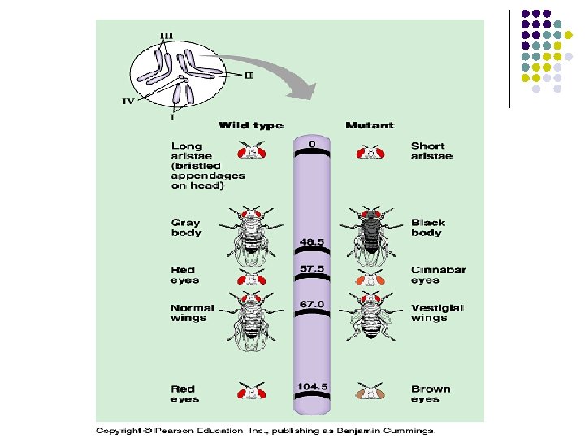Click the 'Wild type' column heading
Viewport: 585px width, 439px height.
[x=251, y=125]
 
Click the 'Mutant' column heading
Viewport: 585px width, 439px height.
[x=370, y=125]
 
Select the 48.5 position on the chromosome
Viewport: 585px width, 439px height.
[x=312, y=241]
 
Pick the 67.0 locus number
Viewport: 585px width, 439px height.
[x=312, y=303]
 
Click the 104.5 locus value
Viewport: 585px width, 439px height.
[x=312, y=386]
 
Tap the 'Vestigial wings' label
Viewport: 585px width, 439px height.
[x=437, y=313]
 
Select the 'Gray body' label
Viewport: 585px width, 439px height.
[x=185, y=227]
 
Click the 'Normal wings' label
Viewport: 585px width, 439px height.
[x=193, y=313]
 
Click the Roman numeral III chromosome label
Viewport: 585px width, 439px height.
[x=167, y=35]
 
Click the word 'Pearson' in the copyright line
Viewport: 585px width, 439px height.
[x=175, y=429]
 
